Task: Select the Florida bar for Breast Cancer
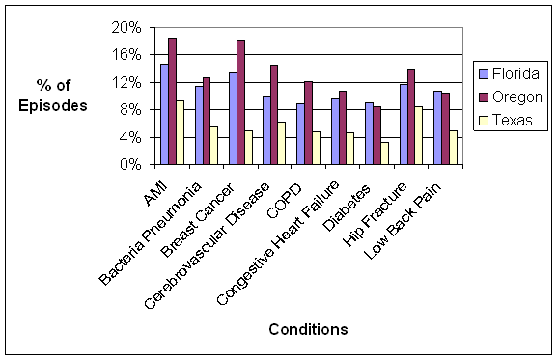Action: [233, 119]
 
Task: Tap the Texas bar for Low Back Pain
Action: [453, 148]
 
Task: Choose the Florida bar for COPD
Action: [300, 134]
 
